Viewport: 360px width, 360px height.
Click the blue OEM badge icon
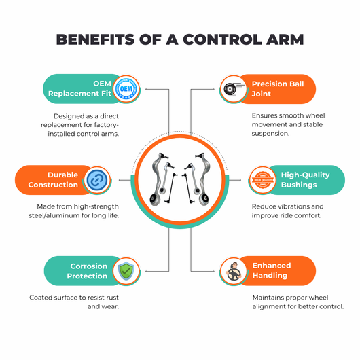click(x=126, y=89)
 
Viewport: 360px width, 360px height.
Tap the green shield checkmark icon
click(x=126, y=271)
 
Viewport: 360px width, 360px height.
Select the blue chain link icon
click(x=97, y=180)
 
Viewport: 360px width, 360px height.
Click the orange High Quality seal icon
click(x=263, y=180)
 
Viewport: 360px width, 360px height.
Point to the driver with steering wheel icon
click(x=234, y=271)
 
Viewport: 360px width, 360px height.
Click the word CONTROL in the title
click(x=222, y=39)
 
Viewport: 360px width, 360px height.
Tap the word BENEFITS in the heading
click(x=95, y=39)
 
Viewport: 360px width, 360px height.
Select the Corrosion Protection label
click(x=87, y=271)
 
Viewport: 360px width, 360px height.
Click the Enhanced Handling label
click(x=272, y=270)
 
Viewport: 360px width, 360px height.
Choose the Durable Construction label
click(x=53, y=180)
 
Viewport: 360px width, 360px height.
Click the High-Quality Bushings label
click(x=305, y=180)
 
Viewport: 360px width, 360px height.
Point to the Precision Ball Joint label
click(x=278, y=89)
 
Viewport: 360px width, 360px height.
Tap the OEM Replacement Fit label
click(x=79, y=88)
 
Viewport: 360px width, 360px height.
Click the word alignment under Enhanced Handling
click(x=267, y=307)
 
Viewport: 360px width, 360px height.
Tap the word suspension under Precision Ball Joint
click(x=270, y=134)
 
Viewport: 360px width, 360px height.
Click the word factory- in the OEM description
click(x=105, y=126)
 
